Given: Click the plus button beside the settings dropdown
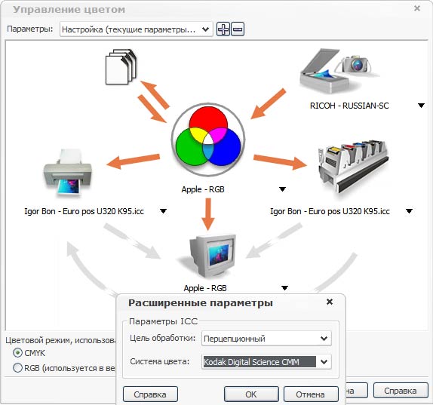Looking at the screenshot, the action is [x=223, y=29].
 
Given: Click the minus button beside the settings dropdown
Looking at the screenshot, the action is [x=238, y=29].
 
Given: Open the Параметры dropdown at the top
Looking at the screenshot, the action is [x=136, y=29].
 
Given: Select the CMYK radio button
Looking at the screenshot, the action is [x=17, y=353].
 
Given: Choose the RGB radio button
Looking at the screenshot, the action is [x=17, y=368].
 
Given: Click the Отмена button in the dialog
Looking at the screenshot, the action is [x=311, y=394].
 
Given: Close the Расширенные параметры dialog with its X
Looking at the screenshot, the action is [x=330, y=302].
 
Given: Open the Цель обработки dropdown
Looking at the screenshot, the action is [x=266, y=338].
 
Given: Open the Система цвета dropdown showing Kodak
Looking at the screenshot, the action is [x=266, y=362].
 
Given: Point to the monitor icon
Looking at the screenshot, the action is [x=210, y=256].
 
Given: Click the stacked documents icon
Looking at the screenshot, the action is [x=121, y=67].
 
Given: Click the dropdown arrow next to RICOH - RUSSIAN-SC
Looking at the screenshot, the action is [x=421, y=106].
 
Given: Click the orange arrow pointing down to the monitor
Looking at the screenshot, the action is [x=208, y=214].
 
